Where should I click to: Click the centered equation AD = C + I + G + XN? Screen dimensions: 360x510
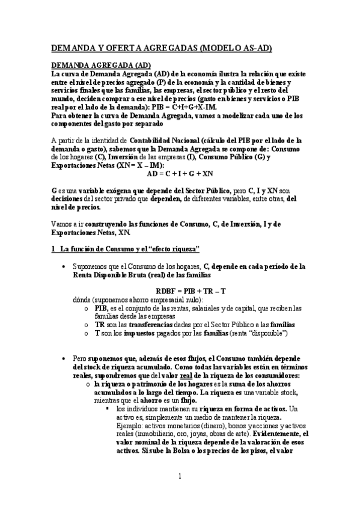tap(180, 173)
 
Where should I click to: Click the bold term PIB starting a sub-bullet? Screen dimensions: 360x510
tap(100, 307)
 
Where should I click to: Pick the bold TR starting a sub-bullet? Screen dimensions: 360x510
tap(99, 324)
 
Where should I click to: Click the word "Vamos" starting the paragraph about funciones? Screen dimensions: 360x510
tap(60, 224)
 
